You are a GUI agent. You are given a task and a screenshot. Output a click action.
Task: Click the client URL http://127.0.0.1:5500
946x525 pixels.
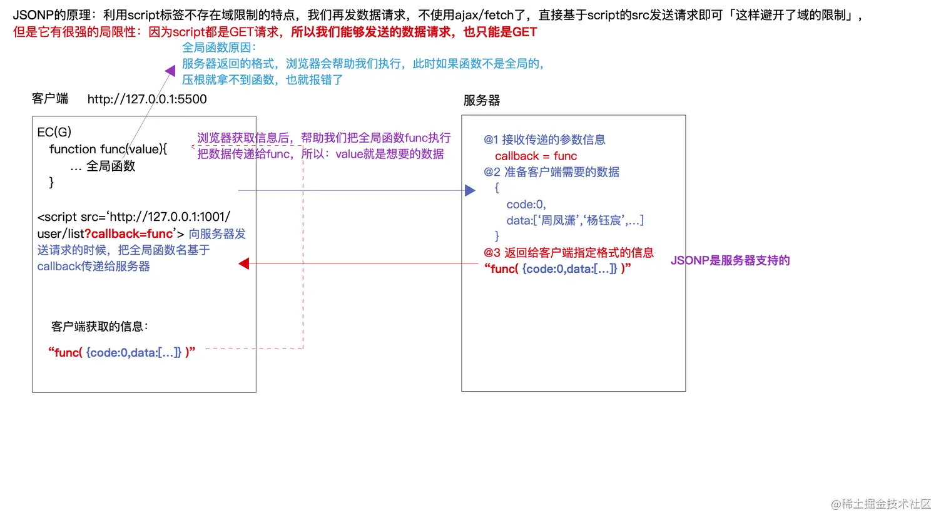click(x=147, y=99)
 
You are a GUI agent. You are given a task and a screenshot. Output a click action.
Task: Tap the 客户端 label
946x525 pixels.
click(x=50, y=99)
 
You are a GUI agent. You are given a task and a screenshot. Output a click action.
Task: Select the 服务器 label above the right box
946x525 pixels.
click(x=482, y=100)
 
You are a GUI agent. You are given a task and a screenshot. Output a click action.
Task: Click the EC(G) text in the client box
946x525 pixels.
click(x=54, y=132)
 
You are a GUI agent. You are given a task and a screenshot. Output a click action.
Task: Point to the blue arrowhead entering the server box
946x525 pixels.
click(x=470, y=190)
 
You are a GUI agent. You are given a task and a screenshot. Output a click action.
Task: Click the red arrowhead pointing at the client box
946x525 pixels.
click(x=244, y=264)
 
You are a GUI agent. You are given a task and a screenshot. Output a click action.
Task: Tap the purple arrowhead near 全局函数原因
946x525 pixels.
click(x=170, y=71)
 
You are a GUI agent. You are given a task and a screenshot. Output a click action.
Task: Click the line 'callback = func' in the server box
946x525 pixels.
click(x=536, y=156)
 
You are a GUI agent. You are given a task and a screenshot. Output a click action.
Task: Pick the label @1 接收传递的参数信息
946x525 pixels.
click(x=544, y=140)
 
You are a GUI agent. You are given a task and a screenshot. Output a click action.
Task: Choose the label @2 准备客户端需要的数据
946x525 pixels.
click(x=551, y=172)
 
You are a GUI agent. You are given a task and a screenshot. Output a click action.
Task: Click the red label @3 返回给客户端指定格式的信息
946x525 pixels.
click(x=568, y=253)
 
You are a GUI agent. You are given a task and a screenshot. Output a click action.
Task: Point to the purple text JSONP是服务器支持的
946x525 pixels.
click(x=730, y=261)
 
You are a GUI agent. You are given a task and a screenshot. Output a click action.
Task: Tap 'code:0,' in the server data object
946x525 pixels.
click(x=526, y=205)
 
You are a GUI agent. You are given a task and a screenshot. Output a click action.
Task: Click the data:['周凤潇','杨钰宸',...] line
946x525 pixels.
click(x=575, y=220)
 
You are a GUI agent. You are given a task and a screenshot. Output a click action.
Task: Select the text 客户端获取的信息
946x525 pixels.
click(x=99, y=327)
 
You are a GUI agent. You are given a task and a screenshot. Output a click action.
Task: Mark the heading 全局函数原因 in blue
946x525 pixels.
click(x=218, y=48)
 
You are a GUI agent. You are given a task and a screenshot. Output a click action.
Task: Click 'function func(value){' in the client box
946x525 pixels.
click(x=108, y=150)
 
